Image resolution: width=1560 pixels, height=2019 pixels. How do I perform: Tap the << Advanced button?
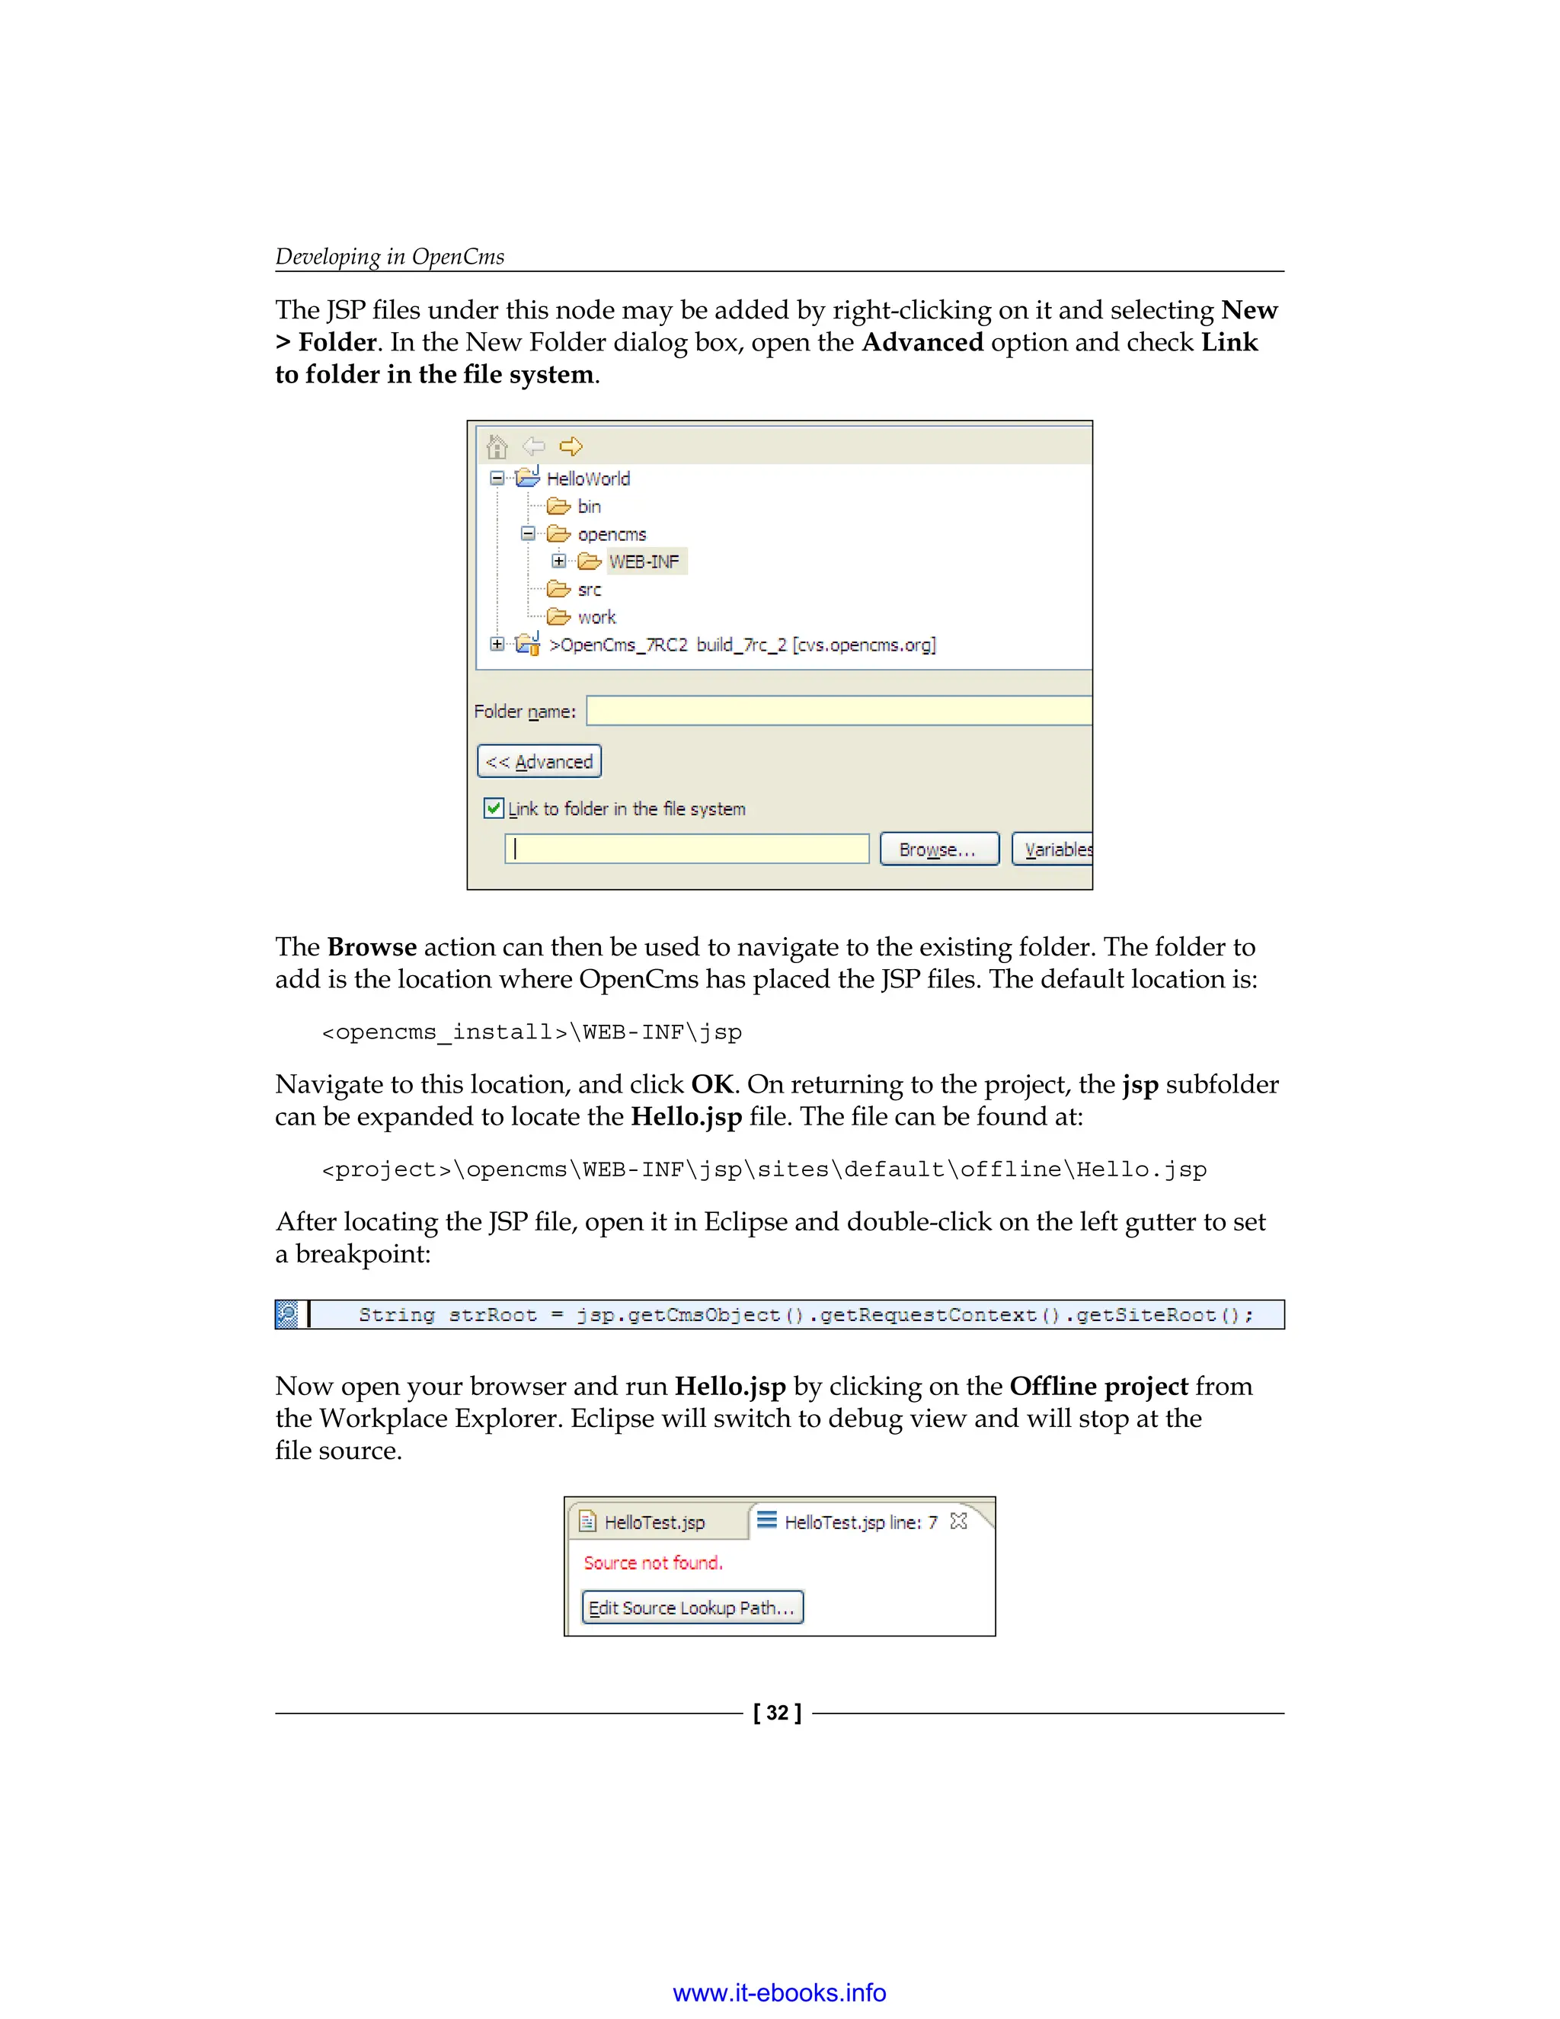[x=539, y=761]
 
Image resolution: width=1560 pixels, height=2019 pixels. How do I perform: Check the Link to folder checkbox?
[x=494, y=807]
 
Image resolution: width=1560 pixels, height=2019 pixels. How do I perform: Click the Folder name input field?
[x=838, y=711]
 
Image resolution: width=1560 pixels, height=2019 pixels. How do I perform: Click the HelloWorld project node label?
[x=588, y=478]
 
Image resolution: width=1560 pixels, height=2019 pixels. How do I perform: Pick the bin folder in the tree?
[x=589, y=506]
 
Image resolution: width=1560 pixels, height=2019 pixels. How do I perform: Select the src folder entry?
[x=589, y=589]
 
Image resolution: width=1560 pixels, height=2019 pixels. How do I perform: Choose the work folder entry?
[x=596, y=616]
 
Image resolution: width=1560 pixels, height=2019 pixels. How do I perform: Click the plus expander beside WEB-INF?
[x=558, y=562]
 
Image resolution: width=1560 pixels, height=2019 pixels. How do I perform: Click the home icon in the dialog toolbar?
[x=497, y=446]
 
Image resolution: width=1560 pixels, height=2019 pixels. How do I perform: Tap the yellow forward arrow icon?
[x=571, y=446]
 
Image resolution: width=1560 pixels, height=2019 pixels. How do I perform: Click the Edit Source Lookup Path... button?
[x=692, y=1607]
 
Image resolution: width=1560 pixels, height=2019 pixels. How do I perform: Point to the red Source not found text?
[x=653, y=1563]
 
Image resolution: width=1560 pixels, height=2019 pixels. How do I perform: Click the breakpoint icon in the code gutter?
[x=287, y=1313]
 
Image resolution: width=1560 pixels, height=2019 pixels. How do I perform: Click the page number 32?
[x=777, y=1713]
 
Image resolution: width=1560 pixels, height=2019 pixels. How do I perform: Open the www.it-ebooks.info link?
[x=779, y=1992]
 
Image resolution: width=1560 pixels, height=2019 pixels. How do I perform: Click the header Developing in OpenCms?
[x=390, y=256]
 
